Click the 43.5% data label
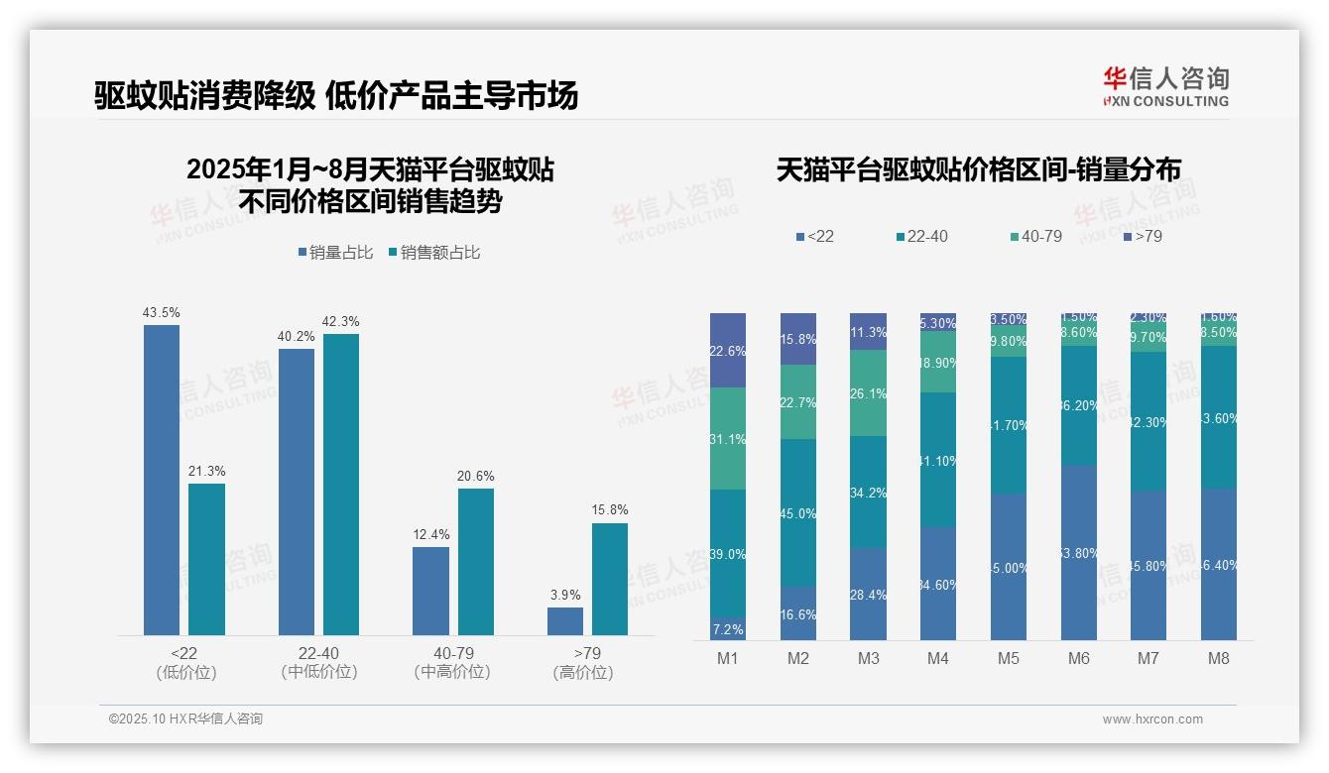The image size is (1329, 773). point(162,312)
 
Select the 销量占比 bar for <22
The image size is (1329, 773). point(162,480)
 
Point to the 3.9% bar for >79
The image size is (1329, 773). point(565,621)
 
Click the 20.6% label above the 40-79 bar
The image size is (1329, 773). point(476,476)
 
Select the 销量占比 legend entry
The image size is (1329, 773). point(336,253)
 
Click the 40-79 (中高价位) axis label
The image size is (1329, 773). point(452,662)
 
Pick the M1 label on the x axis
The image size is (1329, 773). point(728,658)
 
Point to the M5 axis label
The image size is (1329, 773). point(1009,658)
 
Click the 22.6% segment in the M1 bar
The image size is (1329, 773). point(728,350)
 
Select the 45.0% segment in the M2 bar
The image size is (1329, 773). point(798,512)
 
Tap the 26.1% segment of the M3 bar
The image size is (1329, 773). point(869,392)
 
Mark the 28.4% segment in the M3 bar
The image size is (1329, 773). point(869,594)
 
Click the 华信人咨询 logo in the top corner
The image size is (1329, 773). point(1165,86)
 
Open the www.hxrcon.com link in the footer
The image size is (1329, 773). point(1152,719)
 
